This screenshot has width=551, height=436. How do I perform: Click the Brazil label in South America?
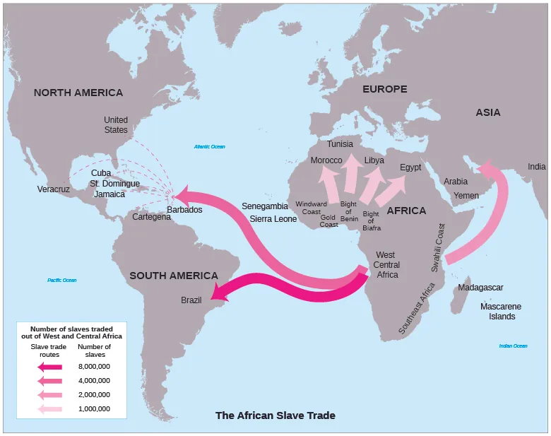191,300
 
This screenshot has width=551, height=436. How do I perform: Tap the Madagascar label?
480,288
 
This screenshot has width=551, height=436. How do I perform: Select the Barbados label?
184,210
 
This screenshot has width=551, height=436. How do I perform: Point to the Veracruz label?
54,189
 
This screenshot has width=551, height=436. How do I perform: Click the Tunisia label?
340,144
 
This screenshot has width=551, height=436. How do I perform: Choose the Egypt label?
410,167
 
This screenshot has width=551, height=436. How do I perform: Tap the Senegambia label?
265,206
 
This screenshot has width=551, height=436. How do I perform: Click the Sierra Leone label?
273,219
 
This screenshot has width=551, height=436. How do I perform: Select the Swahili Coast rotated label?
437,248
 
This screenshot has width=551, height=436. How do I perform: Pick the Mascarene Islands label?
501,312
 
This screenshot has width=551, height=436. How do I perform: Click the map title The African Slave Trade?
275,416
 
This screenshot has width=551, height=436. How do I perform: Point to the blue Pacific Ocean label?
62,281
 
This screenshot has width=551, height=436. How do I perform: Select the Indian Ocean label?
513,346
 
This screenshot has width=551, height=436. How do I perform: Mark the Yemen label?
466,195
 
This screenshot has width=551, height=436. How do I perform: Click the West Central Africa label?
386,265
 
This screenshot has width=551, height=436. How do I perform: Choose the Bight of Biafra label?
371,220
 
